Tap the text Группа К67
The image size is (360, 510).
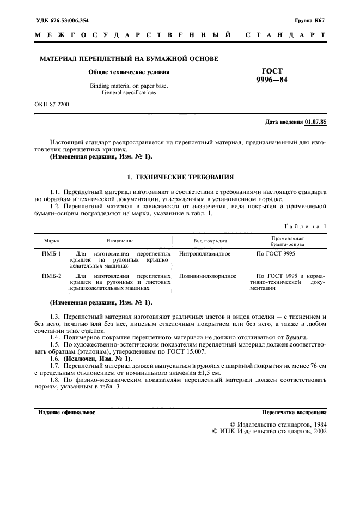(x=310, y=21)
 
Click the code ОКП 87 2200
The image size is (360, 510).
(x=52, y=103)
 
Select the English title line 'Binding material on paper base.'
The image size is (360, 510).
(x=129, y=86)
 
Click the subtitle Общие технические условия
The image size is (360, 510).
(x=129, y=72)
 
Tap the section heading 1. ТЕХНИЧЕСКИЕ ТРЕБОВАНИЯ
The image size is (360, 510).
(x=180, y=177)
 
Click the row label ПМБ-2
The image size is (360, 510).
(x=52, y=277)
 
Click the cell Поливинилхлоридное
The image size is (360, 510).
(x=207, y=277)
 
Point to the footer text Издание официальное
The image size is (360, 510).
(x=66, y=412)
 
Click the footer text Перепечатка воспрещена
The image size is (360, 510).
(x=294, y=412)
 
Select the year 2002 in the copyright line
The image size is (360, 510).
(x=316, y=431)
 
